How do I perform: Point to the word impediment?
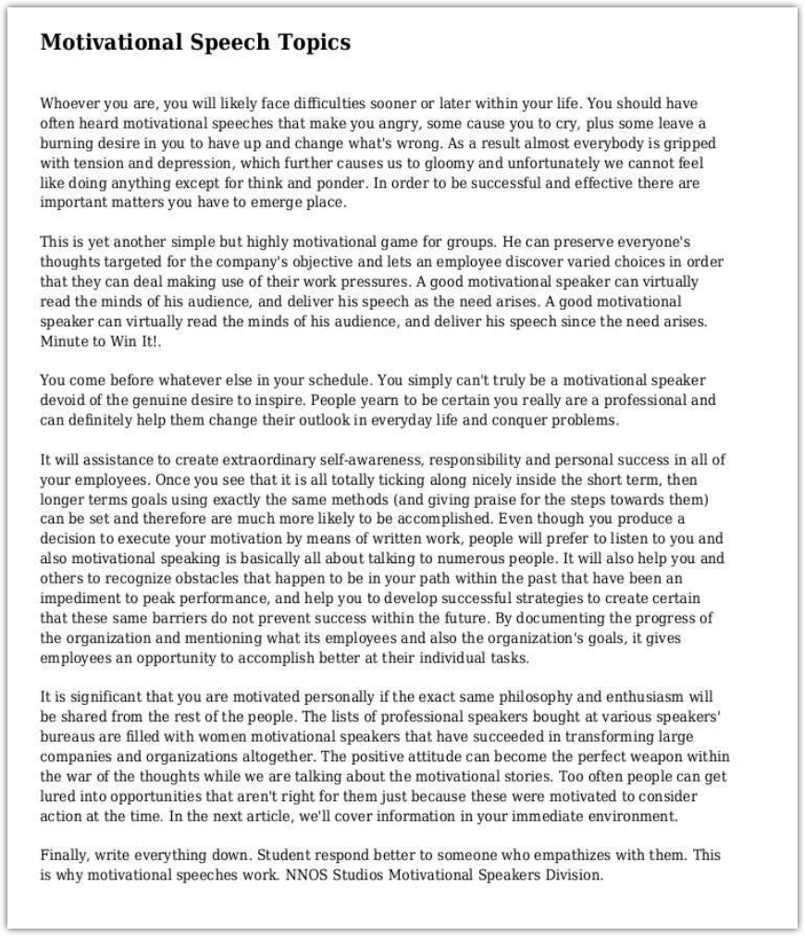point(77,599)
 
